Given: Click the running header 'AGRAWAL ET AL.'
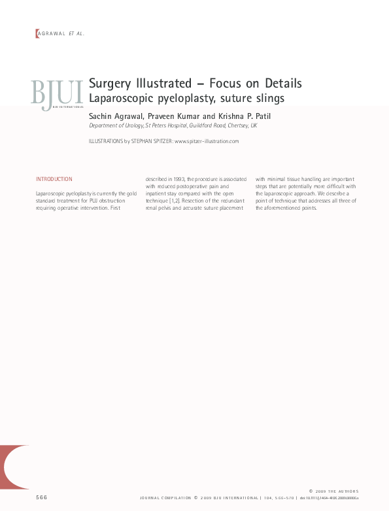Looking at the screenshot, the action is [61, 33].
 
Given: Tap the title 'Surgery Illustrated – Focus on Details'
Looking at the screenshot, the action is [195, 84].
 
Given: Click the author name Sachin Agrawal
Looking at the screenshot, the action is [115, 116].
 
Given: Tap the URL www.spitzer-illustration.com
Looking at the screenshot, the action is [207, 141].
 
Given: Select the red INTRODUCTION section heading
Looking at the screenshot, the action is [54, 179].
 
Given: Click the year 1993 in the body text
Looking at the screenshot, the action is [177, 179].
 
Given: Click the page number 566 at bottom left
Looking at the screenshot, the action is [42, 498].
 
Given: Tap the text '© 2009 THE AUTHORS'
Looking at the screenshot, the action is [333, 491].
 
